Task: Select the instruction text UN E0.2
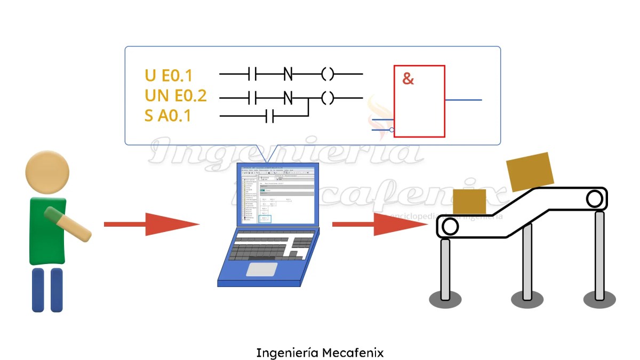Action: click(x=175, y=96)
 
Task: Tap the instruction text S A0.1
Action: click(x=167, y=115)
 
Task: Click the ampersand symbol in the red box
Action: click(x=408, y=79)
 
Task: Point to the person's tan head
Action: click(x=47, y=174)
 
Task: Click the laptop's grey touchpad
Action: click(x=261, y=269)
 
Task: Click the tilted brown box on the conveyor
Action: click(x=531, y=172)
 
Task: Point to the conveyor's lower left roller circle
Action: click(x=450, y=227)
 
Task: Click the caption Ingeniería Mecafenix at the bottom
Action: click(x=320, y=353)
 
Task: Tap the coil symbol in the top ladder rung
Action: click(x=327, y=74)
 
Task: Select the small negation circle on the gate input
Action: click(x=392, y=130)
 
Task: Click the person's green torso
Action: click(x=47, y=231)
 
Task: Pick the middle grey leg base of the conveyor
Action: click(x=527, y=299)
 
